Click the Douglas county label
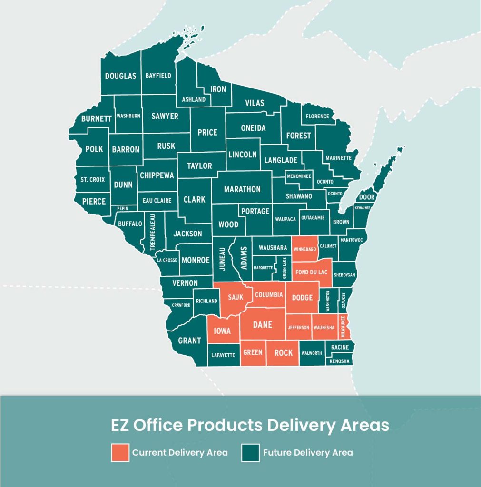pos(120,76)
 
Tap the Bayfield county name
pos(158,76)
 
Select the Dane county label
pos(262,325)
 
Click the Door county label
pos(367,197)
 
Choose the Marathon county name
pos(242,189)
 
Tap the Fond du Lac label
pos(311,273)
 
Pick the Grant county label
pos(189,341)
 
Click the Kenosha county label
pos(339,361)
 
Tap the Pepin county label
pos(123,208)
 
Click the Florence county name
pos(317,116)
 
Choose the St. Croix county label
pos(92,180)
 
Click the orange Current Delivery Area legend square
pos(119,452)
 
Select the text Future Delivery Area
pos(308,452)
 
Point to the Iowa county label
pos(222,331)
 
